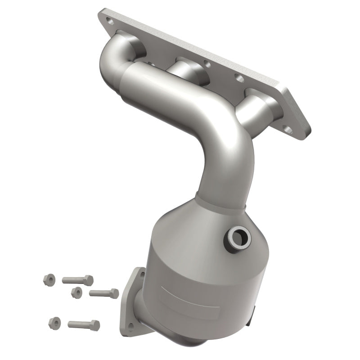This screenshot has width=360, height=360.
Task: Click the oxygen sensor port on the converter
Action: coord(238,236)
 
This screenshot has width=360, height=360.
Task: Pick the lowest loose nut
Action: coord(54,322)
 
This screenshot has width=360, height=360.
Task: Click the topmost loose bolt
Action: coord(77,280)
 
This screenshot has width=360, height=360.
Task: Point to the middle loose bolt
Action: coord(104,293)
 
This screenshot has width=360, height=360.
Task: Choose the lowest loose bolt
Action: coord(84,324)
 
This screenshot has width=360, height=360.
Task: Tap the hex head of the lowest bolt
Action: coord(94,325)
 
